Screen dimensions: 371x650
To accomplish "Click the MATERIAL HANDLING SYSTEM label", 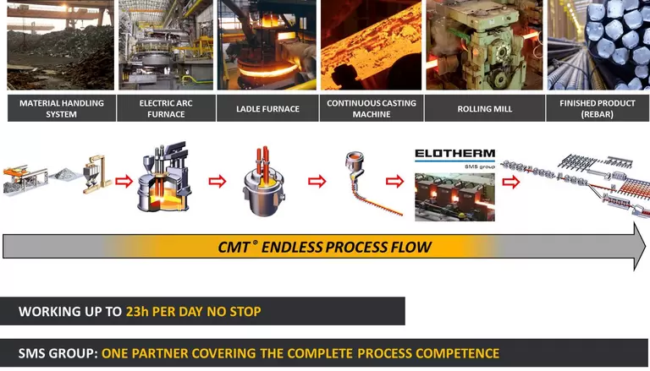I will [62, 108].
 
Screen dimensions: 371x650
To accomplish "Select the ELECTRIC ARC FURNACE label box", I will [162, 108].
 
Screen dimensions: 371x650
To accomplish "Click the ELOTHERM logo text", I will [454, 155].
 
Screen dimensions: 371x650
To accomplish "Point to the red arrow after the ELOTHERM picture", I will [511, 181].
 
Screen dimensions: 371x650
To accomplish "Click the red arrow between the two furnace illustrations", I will [218, 180].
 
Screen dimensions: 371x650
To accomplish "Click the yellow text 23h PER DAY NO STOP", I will [193, 311].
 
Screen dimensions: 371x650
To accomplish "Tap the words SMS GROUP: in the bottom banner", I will [58, 353].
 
